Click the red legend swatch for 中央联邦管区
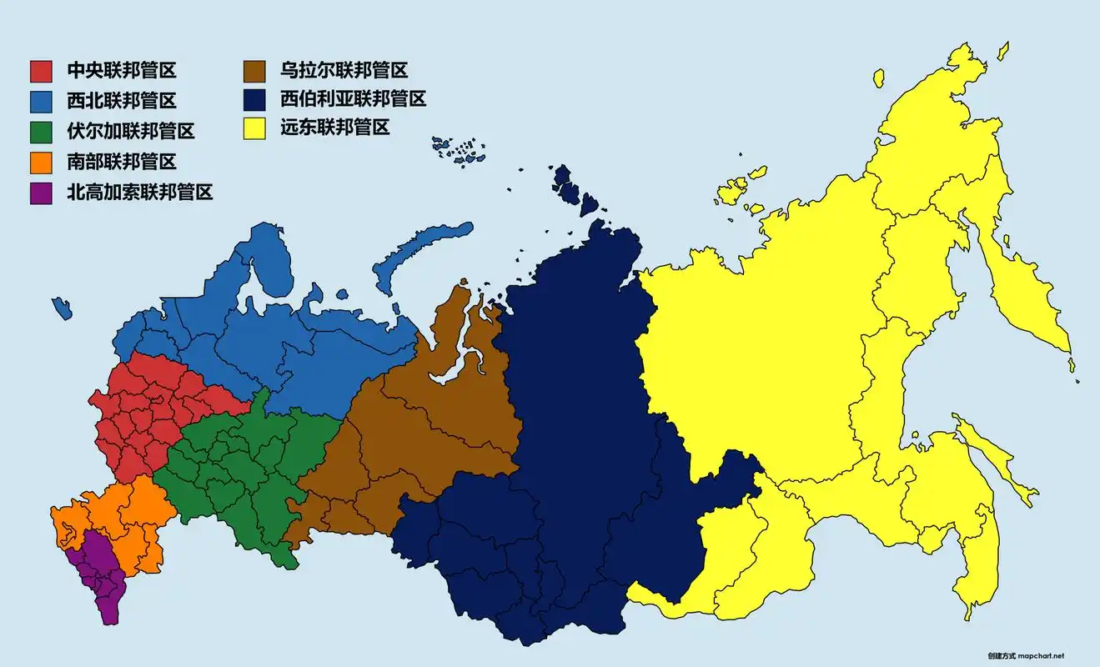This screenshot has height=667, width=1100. tap(42, 71)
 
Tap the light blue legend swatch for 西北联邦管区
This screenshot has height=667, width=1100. tap(42, 101)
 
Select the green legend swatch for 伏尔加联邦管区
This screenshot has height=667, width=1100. tap(42, 132)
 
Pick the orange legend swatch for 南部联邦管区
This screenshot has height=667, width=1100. tap(42, 162)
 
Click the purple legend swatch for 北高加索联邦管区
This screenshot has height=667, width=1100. tap(42, 193)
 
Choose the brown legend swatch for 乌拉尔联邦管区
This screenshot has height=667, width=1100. tap(254, 71)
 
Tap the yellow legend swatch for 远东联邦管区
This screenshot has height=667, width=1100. tap(254, 129)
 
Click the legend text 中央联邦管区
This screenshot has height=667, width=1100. tap(122, 71)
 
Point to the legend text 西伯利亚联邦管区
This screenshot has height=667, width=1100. tap(354, 99)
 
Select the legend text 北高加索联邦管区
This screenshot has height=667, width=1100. tap(140, 193)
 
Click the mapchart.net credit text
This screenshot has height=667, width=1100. tap(1025, 656)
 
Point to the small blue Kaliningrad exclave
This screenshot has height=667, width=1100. tap(62, 308)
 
